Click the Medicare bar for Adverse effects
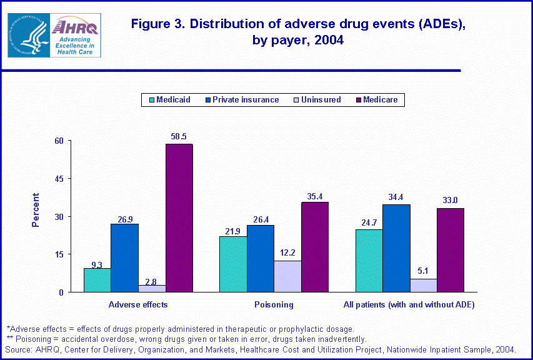pyautogui.click(x=179, y=218)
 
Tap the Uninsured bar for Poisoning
pyautogui.click(x=287, y=276)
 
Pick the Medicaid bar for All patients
pyautogui.click(x=369, y=261)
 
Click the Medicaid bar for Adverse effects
pyautogui.click(x=97, y=280)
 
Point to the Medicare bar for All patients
pyautogui.click(x=451, y=250)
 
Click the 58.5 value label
pyautogui.click(x=179, y=136)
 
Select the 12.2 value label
pyautogui.click(x=287, y=252)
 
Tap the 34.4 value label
pyautogui.click(x=396, y=196)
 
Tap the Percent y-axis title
pyautogui.click(x=36, y=209)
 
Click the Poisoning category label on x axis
pyautogui.click(x=274, y=305)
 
